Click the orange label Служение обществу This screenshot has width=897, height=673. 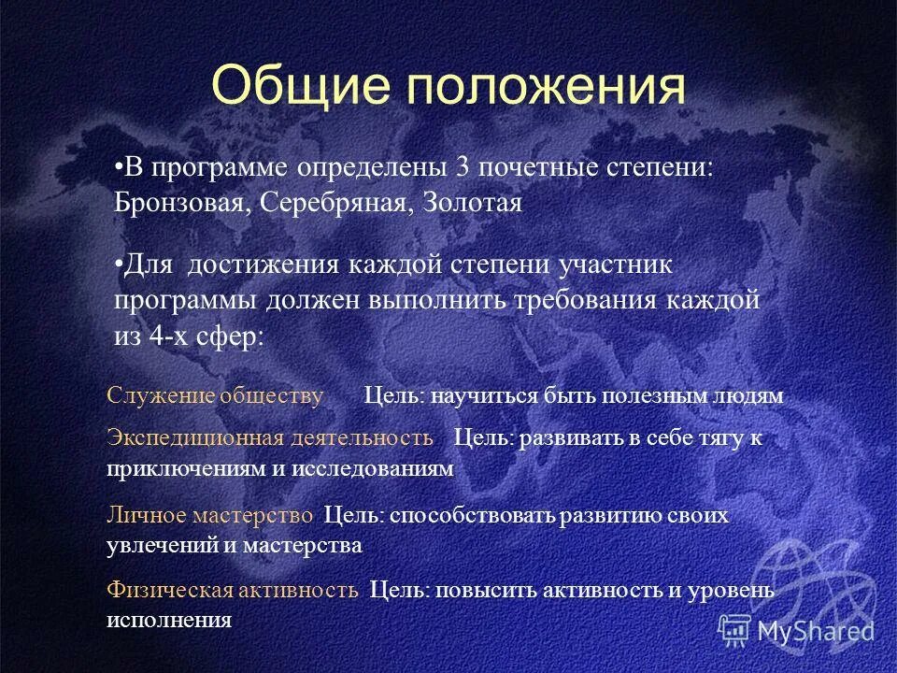216,396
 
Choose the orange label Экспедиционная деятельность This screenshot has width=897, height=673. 270,438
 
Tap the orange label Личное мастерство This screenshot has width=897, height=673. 210,515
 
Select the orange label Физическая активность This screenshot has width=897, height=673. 233,591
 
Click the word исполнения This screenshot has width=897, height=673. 169,620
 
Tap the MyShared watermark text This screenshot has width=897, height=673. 814,630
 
